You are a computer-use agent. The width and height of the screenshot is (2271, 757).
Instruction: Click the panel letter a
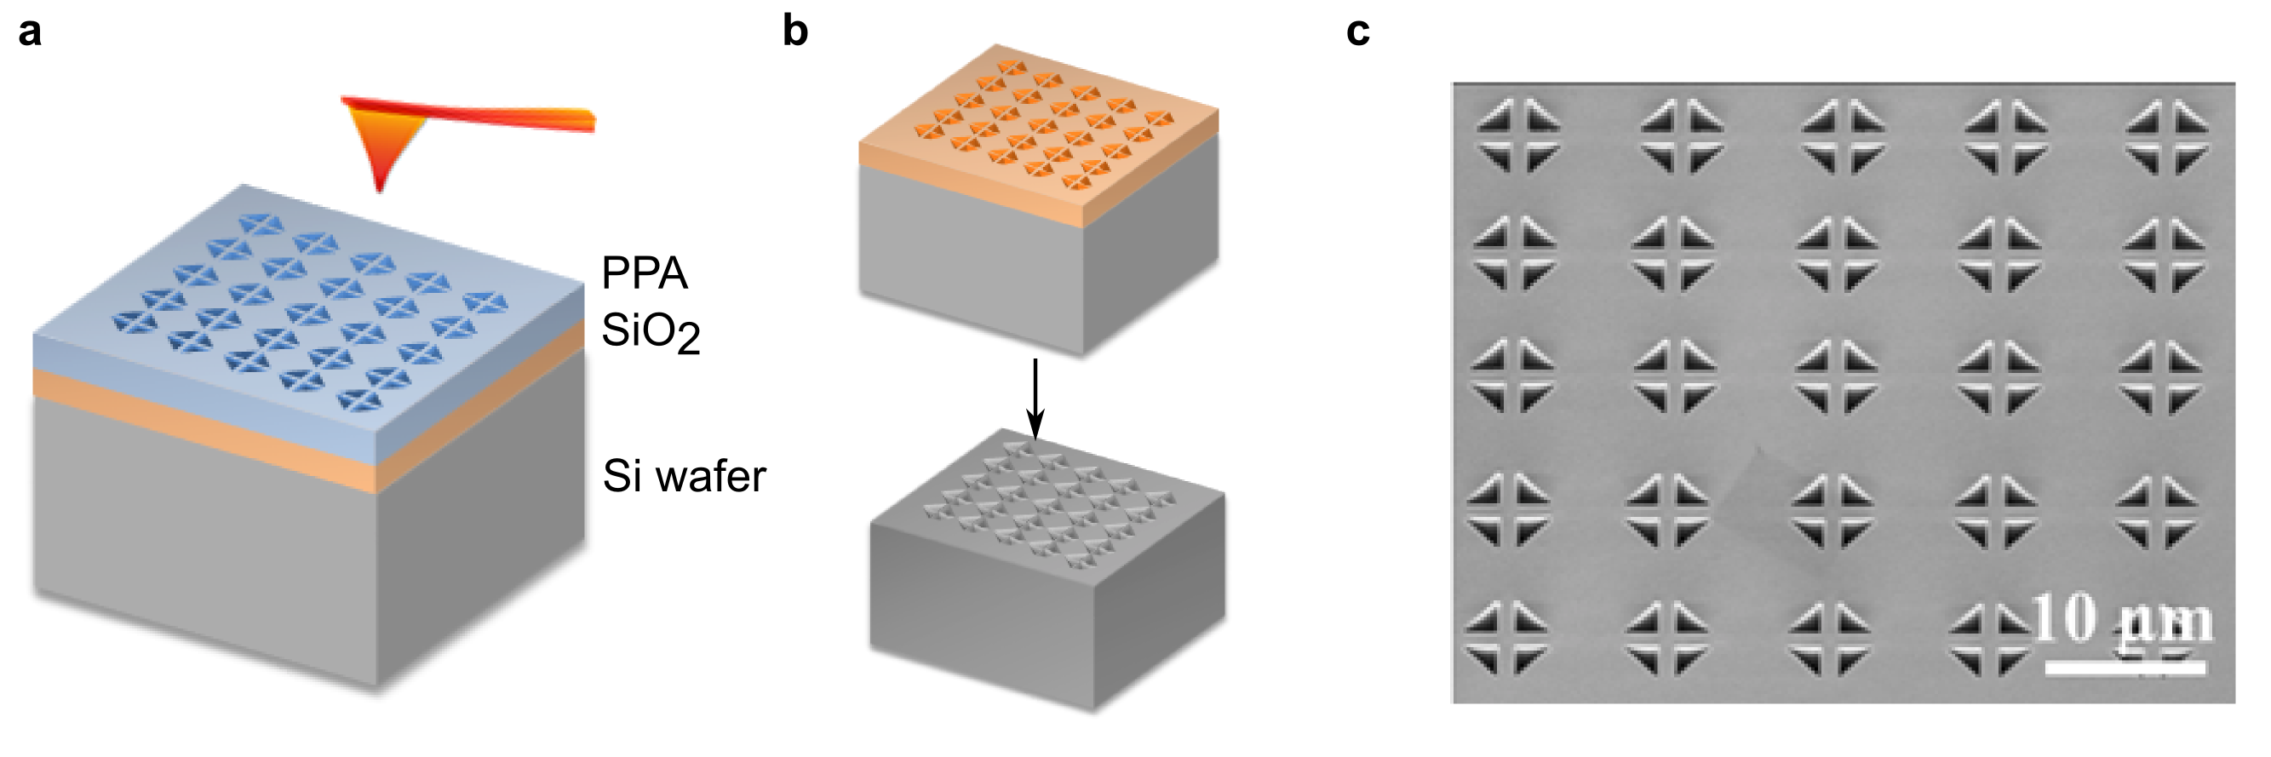[x=30, y=32]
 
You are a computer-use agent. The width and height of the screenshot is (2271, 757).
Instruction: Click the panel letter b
[x=795, y=32]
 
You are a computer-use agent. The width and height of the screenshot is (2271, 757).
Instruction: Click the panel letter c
[x=1357, y=32]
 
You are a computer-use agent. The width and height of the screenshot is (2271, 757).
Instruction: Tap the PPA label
[x=645, y=273]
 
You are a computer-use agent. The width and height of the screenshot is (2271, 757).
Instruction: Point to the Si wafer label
[x=684, y=477]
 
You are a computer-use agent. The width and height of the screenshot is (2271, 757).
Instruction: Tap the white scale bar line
[x=2125, y=668]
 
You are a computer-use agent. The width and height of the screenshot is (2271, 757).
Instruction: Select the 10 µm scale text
[x=2123, y=622]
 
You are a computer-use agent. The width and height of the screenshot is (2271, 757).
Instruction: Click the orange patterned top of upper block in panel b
[x=1041, y=123]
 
